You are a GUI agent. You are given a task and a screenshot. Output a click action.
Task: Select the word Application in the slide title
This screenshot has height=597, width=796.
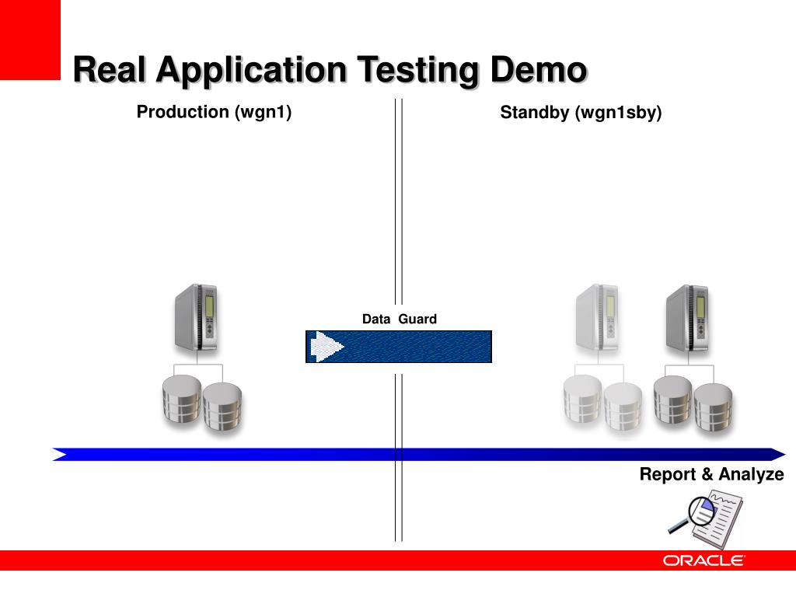point(250,71)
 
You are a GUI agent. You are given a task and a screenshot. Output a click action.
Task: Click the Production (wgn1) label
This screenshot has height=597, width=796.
point(214,112)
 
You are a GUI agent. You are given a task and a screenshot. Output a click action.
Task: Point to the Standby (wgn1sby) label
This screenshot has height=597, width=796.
point(581,113)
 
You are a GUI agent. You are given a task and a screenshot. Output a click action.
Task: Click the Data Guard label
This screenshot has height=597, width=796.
point(399,319)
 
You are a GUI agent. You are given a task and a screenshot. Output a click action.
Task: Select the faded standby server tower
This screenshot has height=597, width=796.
point(597,318)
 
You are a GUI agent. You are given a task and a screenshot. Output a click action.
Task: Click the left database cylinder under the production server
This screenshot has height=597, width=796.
point(182,400)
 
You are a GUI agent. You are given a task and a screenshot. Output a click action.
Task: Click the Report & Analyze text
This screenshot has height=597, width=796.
point(711,474)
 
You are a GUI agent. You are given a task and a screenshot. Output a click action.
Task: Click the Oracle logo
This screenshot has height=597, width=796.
point(703,560)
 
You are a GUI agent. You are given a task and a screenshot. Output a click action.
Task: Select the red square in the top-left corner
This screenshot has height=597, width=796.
point(30,39)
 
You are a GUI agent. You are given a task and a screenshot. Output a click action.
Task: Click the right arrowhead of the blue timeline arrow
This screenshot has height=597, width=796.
point(777,454)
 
